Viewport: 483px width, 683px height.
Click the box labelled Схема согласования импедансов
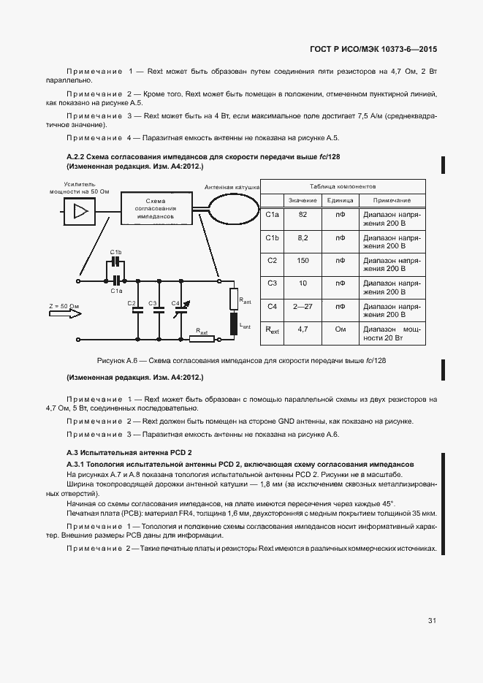155,210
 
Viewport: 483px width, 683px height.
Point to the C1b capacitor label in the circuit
115,252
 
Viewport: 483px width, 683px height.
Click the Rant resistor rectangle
234,298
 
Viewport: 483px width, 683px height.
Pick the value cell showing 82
303,215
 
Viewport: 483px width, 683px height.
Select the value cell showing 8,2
303,238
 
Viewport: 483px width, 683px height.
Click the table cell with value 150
303,260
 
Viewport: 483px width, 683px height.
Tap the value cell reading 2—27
303,306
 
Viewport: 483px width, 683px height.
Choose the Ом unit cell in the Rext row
340,329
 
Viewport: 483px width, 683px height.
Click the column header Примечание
392,200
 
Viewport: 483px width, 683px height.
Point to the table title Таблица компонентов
342,186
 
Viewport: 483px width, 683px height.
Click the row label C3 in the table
273,283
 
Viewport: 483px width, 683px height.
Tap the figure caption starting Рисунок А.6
241,361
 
